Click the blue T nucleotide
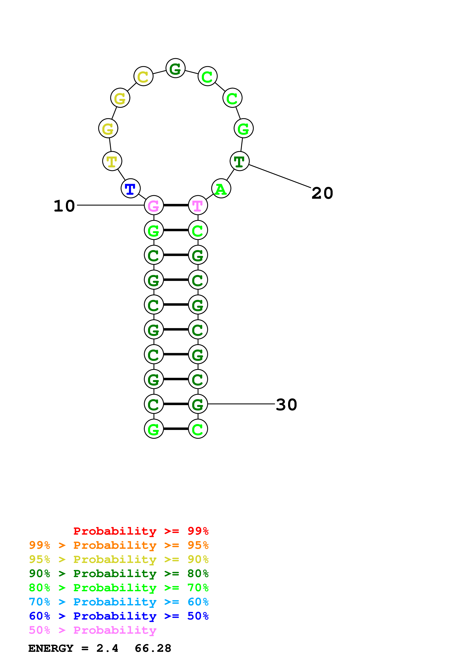[130, 189]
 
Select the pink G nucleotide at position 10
[154, 205]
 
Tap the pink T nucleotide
[198, 205]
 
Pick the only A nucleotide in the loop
[221, 189]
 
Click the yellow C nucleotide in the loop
[143, 76]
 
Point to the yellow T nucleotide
[112, 161]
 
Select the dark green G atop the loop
[175, 68]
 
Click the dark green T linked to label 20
[239, 161]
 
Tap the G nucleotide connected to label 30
[198, 404]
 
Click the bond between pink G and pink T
[176, 205]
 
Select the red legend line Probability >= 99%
[141, 531]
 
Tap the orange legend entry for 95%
[119, 545]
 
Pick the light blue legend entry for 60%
[119, 602]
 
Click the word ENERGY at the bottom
[51, 648]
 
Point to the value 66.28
[153, 648]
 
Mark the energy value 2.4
[107, 648]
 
